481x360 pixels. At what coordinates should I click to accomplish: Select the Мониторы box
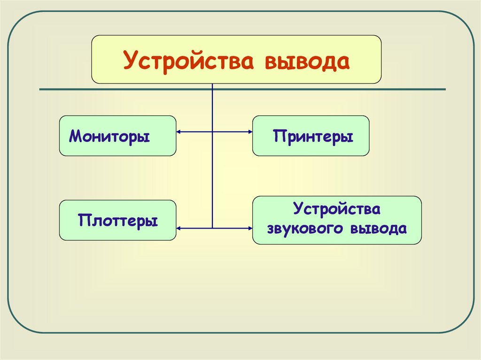tap(117, 136)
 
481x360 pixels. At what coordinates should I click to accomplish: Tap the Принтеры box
tap(310, 136)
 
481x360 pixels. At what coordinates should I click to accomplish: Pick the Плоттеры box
tap(117, 220)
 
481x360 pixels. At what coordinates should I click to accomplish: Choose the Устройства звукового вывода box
tap(336, 220)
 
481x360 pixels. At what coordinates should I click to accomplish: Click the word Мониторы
tap(109, 137)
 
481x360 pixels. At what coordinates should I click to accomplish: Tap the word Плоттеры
tap(118, 220)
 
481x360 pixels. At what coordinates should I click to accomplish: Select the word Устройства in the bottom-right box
tap(336, 209)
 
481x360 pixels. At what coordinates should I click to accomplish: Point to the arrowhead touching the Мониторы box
tap(179, 132)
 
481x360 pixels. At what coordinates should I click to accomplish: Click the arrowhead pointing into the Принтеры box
tap(250, 132)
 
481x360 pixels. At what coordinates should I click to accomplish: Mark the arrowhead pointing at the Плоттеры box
tap(179, 228)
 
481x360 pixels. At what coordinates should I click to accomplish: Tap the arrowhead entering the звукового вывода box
tap(250, 228)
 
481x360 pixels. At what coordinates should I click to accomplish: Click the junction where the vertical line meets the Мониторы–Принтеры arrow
tap(213, 132)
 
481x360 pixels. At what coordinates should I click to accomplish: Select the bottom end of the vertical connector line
tap(213, 228)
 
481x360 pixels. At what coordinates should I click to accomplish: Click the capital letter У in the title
tap(130, 61)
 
